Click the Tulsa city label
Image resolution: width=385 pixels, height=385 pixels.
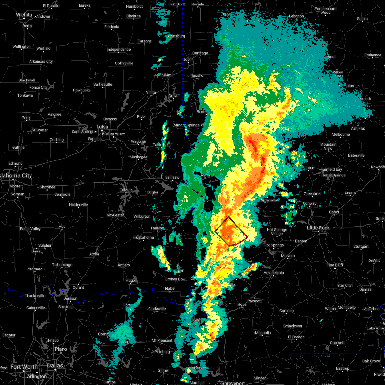point(102,127)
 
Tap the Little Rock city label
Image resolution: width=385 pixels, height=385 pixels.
point(318,228)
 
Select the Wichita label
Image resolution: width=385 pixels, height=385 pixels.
point(24,15)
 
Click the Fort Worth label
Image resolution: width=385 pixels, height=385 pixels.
point(24,367)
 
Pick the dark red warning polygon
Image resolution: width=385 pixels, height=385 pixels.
point(231,232)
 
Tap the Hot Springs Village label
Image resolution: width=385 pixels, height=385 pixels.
point(277,232)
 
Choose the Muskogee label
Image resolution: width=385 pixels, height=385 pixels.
point(138,157)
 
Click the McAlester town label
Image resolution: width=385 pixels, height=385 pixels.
point(115,215)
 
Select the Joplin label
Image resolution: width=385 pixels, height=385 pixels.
point(188,59)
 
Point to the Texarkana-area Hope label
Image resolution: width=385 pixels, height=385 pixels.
point(242,304)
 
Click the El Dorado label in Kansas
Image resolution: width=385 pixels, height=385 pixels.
point(51,6)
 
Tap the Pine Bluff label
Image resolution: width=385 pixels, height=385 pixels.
point(335,265)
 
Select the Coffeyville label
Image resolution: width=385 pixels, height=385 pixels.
point(124,63)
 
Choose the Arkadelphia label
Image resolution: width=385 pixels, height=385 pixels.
point(274,273)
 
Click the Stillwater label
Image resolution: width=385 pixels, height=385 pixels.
point(40,130)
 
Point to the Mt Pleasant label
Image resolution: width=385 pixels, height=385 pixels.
point(162,340)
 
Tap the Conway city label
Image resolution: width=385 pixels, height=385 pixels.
point(310,203)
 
